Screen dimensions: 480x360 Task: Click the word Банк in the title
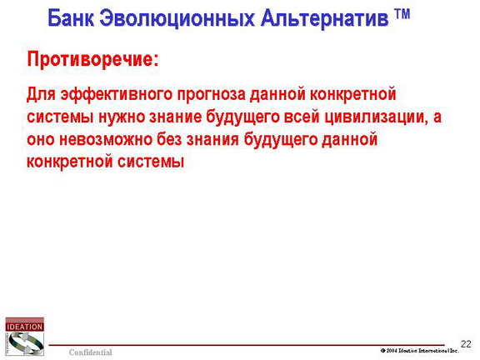[71, 18]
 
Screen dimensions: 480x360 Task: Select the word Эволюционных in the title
[177, 18]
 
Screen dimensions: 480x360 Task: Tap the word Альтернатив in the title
[324, 18]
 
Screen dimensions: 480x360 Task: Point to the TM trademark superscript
[402, 14]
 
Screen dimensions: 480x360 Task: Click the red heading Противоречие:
[93, 59]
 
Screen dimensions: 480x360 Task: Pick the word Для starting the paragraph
[41, 94]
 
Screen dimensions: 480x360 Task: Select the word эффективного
[117, 95]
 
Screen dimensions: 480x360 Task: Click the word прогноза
[212, 95]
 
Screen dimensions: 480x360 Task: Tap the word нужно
[122, 117]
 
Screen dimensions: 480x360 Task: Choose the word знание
[175, 117]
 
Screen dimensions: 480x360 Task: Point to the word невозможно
[106, 140]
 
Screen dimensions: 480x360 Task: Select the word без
[169, 138]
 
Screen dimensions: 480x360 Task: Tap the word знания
[212, 140]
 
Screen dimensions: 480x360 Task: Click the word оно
[41, 140]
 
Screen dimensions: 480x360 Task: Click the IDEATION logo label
[24, 327]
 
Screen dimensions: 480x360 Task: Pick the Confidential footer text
[91, 352]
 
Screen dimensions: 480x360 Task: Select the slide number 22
[466, 344]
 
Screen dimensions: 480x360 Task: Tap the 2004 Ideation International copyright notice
[420, 351]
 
